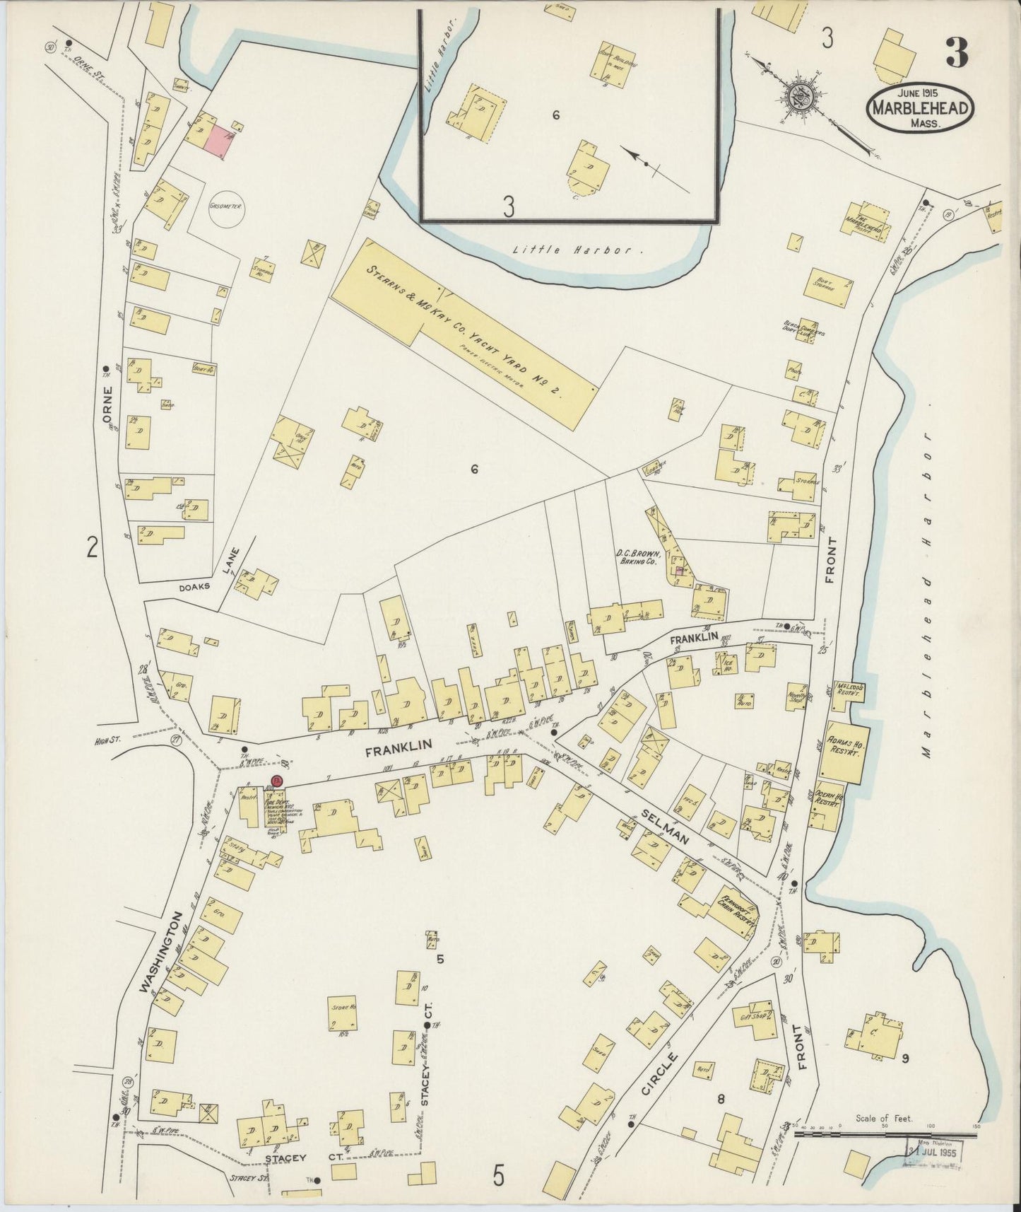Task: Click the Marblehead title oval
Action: (x=920, y=107)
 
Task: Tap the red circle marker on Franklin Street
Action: (x=276, y=781)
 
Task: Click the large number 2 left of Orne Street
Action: (x=92, y=547)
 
